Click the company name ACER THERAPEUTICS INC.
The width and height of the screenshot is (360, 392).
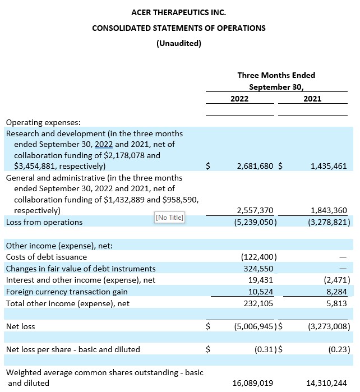click(x=178, y=12)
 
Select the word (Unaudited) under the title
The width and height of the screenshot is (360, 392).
click(x=178, y=44)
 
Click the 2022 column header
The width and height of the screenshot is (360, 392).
click(x=239, y=99)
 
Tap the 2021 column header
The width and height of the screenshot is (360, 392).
click(x=312, y=99)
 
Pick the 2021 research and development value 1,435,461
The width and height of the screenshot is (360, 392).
click(x=325, y=166)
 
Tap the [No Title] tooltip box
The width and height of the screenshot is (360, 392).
click(x=169, y=218)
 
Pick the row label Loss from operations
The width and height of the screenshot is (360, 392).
click(x=44, y=222)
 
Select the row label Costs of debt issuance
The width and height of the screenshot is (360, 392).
click(x=46, y=257)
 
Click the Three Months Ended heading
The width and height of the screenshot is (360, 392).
click(x=276, y=75)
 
